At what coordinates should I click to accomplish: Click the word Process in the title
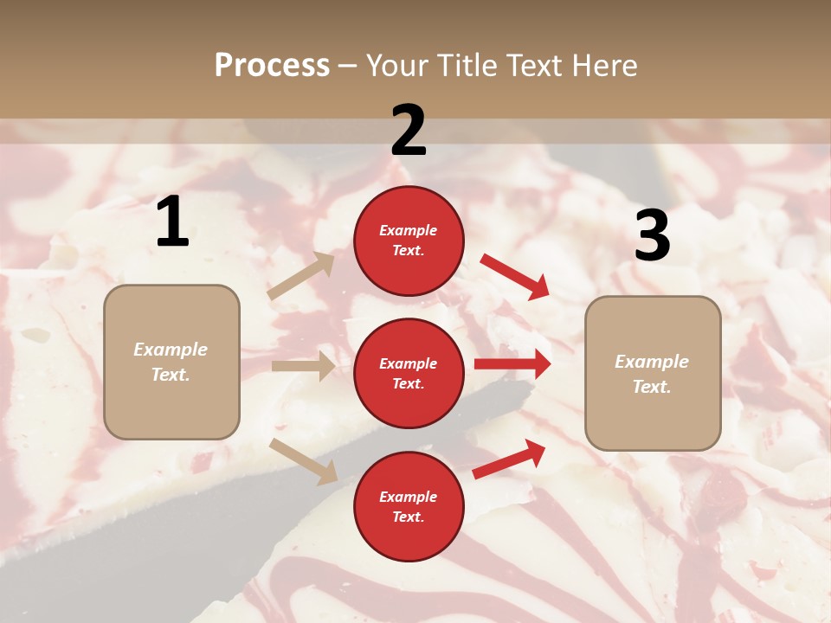pyautogui.click(x=272, y=66)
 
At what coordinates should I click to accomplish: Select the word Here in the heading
pyautogui.click(x=603, y=66)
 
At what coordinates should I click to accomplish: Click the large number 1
pyautogui.click(x=172, y=222)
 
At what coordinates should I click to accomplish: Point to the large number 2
pyautogui.click(x=409, y=131)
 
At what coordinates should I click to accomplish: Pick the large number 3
pyautogui.click(x=652, y=236)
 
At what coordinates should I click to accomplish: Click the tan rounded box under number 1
pyautogui.click(x=171, y=362)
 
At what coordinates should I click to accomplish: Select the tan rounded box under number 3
pyautogui.click(x=653, y=373)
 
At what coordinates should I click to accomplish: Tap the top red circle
pyautogui.click(x=409, y=241)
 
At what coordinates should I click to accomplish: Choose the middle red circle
pyautogui.click(x=409, y=373)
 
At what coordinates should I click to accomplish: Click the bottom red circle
pyautogui.click(x=409, y=506)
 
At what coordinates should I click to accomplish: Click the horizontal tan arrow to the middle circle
pyautogui.click(x=304, y=366)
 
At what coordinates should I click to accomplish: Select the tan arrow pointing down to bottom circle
pyautogui.click(x=304, y=461)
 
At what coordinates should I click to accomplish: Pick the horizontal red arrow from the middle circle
pyautogui.click(x=512, y=364)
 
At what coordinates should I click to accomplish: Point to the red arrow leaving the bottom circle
pyautogui.click(x=510, y=459)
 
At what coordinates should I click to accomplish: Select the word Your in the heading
pyautogui.click(x=398, y=66)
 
